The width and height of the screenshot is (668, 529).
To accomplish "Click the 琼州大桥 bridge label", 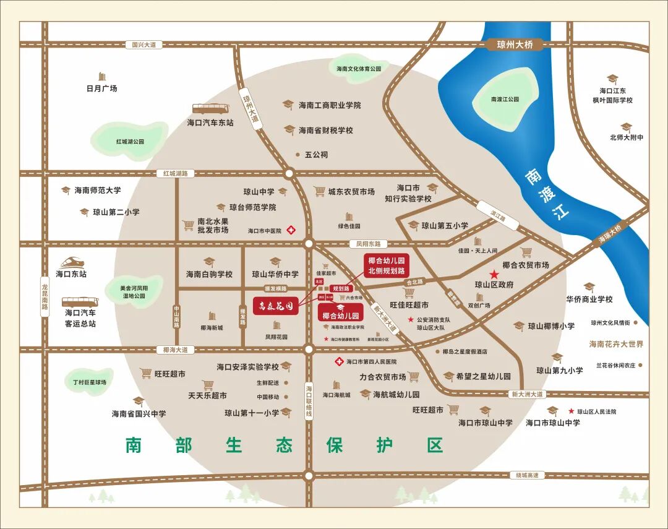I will tap(515, 45).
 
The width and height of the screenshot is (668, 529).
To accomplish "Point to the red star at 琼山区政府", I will tap(494, 274).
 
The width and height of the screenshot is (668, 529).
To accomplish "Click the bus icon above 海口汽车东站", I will tap(211, 110).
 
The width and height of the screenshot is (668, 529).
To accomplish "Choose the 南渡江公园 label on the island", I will tap(505, 99).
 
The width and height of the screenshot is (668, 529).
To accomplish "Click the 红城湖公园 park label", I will tap(130, 142).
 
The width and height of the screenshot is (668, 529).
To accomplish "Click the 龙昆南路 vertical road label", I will tap(45, 297).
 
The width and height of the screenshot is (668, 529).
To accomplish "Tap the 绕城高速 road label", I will tap(528, 475).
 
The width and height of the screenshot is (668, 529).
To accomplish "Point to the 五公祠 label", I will tap(316, 155).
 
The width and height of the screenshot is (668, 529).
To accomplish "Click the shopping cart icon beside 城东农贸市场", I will tap(319, 192).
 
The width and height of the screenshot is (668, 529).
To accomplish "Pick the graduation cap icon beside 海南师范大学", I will tap(66, 190).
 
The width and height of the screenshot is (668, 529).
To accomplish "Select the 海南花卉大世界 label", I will tap(616, 344).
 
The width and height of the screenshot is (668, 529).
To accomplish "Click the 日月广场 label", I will tap(101, 88).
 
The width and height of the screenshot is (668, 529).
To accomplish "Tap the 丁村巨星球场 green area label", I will tap(89, 382).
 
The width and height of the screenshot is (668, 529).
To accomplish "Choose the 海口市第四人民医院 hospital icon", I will tap(338, 361).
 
